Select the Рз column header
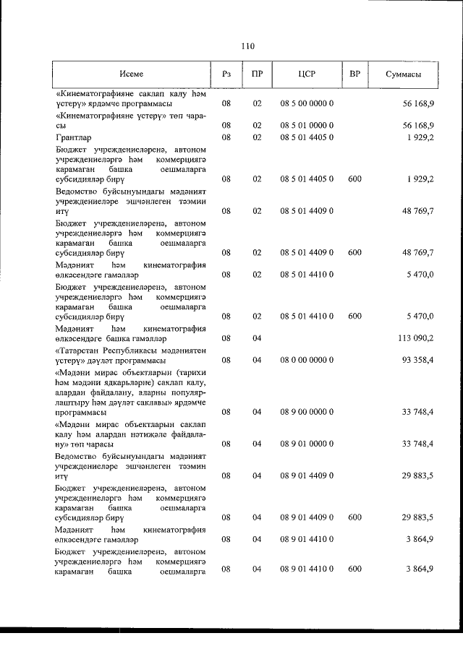226,74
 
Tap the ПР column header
257,74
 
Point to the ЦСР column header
307,74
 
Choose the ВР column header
354,74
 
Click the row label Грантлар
72,137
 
